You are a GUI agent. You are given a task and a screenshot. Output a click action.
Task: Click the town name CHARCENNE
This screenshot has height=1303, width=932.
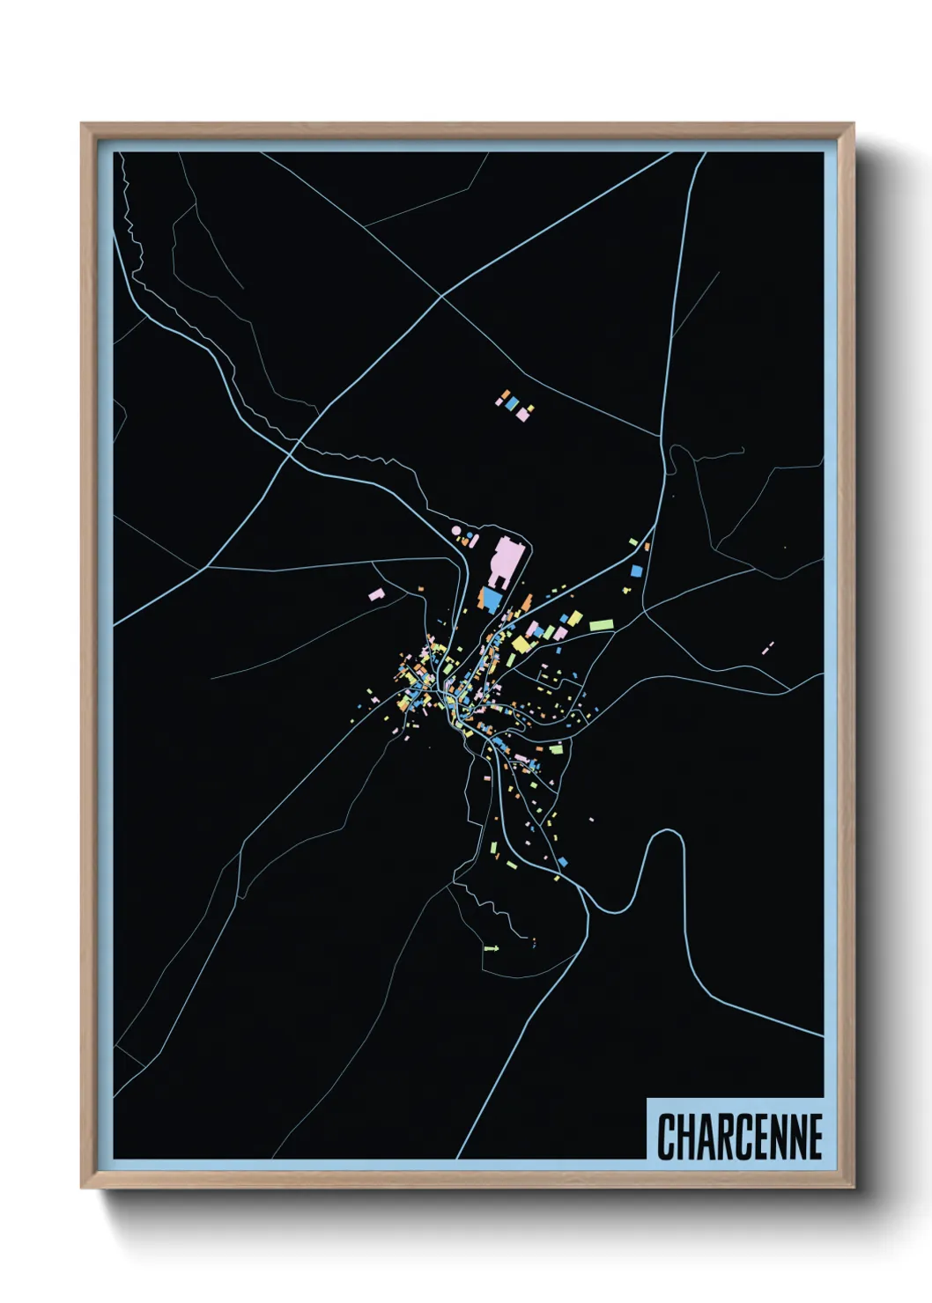pos(739,1137)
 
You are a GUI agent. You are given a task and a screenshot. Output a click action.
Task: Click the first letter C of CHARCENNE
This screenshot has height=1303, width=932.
pos(666,1137)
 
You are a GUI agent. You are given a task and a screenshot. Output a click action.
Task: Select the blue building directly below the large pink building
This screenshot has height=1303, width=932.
pos(492,599)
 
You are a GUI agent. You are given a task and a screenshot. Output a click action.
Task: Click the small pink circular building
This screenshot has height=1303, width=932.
pos(456,531)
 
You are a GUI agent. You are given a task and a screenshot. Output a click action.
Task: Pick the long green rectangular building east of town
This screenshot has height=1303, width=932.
pos(602,624)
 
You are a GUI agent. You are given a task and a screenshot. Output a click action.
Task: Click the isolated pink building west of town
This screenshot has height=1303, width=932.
pos(376,595)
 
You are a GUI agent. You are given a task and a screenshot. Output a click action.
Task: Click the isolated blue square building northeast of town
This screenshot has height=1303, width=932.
pos(635,571)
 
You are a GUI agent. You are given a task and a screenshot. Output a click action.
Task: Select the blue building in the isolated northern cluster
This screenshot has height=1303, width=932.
pos(510,402)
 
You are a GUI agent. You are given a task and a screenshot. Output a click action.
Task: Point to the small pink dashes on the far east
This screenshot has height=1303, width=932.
pos(767,647)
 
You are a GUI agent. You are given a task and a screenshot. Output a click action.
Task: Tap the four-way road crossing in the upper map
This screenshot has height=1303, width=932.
pos(440,296)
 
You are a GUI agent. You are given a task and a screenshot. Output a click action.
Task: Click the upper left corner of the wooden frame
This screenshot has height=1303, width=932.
pos(83,125)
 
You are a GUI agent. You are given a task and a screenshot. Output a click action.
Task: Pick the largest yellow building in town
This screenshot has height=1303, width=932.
pos(521,644)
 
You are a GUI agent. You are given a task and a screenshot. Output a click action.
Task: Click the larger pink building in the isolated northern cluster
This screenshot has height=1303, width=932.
pos(522,413)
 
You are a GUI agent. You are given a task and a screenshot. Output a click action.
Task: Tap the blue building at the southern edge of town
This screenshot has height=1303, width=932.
pos(562,861)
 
